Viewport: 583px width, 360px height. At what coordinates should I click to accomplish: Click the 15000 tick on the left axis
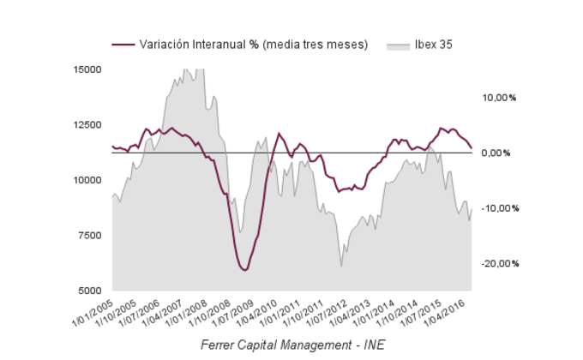point(88,69)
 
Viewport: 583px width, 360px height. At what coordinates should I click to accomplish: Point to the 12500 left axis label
point(88,125)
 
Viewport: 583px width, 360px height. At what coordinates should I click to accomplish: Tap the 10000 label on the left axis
point(88,180)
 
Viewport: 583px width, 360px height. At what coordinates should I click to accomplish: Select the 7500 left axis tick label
point(91,236)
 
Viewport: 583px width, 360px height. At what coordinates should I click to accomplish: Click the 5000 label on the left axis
point(91,291)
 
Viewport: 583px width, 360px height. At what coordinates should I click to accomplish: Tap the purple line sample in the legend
point(123,45)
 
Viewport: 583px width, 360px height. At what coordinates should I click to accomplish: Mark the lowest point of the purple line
point(245,270)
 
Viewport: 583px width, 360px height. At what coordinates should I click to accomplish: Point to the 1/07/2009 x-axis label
point(233,314)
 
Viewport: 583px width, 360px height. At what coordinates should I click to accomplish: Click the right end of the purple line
point(472,147)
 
